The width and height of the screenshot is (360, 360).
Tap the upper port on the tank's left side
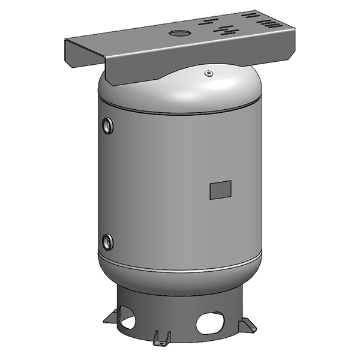(107, 125)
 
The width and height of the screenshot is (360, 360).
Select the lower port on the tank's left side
(107, 242)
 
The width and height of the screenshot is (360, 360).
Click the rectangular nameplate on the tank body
(220, 190)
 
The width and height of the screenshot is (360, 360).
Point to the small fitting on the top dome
(208, 74)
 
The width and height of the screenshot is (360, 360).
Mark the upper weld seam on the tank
(180, 112)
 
